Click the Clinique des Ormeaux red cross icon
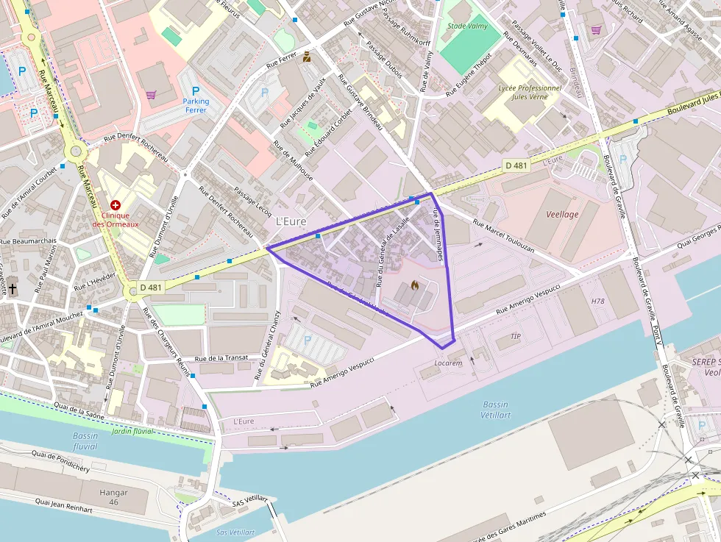coord(116,204)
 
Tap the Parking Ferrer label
coord(196,106)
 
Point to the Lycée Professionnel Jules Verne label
coord(530,92)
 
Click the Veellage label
coord(562,214)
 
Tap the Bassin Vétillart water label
coord(495,410)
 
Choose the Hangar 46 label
coord(113,496)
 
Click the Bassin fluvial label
coord(85,441)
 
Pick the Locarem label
coord(448,363)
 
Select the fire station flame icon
coord(414,285)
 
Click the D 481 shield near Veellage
coord(516,165)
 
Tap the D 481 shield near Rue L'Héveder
coord(151,287)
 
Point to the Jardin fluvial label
coord(132,431)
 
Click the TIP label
coord(516,336)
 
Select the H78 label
coord(597,302)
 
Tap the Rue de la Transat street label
coord(221,357)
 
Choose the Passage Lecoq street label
coord(252,201)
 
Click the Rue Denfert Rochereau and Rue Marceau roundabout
coord(75,152)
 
